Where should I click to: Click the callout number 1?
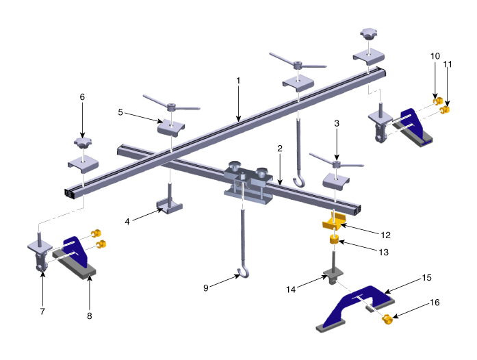pos(238,81)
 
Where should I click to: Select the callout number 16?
pos(435,303)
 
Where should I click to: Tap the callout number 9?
pos(206,288)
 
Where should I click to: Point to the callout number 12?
pos(385,235)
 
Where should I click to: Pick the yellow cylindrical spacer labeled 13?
pos(334,239)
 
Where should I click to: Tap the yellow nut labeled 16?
pos(387,320)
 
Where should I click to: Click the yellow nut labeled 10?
pos(437,101)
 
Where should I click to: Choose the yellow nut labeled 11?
pos(445,109)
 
